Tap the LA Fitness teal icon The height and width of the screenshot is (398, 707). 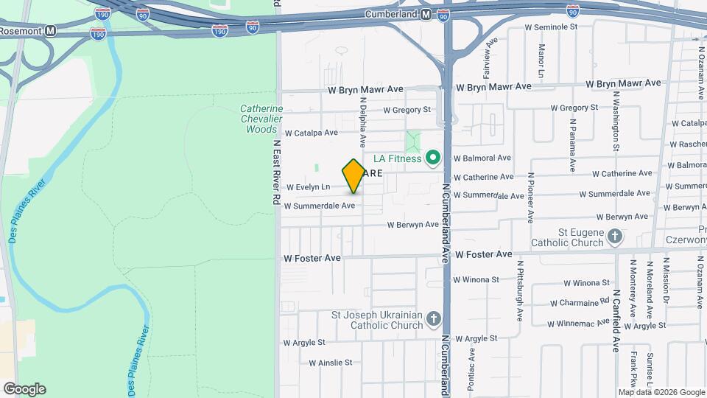pos(434,158)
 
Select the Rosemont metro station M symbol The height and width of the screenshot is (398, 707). pos(50,31)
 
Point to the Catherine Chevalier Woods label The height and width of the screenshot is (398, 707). pos(261,119)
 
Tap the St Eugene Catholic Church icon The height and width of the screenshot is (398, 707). pos(615,237)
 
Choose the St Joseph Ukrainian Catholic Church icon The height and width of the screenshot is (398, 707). pos(435,319)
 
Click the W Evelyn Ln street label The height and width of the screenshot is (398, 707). pos(309,187)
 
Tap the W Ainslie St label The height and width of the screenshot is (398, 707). pos(331,363)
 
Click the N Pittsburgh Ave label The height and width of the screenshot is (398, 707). pos(519,292)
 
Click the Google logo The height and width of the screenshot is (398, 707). pos(24,389)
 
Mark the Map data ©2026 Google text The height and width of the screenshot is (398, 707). pos(661,392)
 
